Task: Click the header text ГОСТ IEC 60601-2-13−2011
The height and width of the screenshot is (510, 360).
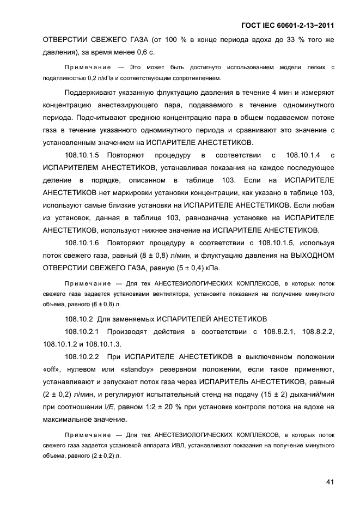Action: (286, 26)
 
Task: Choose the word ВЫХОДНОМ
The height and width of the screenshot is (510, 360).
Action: (310, 255)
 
